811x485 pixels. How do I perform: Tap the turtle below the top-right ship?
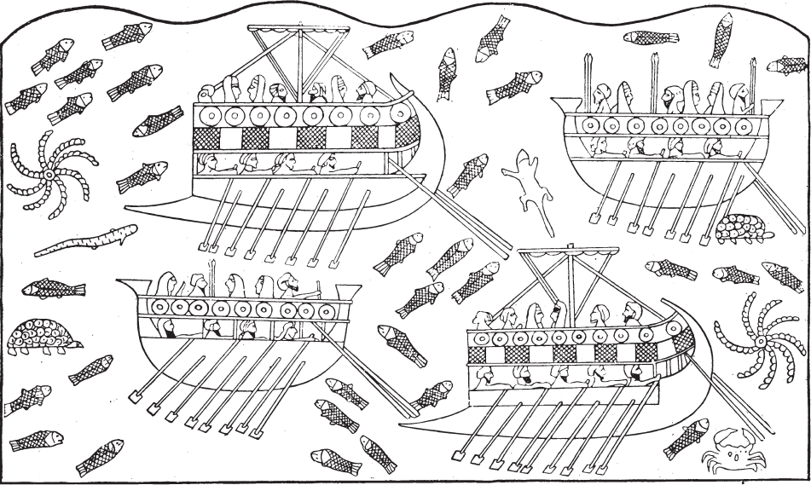[x=743, y=228]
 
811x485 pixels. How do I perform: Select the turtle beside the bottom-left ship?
[x=41, y=337]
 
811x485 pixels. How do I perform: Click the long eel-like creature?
[x=85, y=241]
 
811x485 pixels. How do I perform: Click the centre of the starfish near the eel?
[x=49, y=175]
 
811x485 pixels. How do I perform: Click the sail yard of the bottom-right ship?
[x=567, y=252]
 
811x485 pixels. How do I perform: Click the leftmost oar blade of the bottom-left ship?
[x=134, y=396]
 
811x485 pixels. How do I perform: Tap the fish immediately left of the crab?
[x=686, y=437]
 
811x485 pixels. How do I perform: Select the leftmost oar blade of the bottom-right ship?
[x=453, y=457]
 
